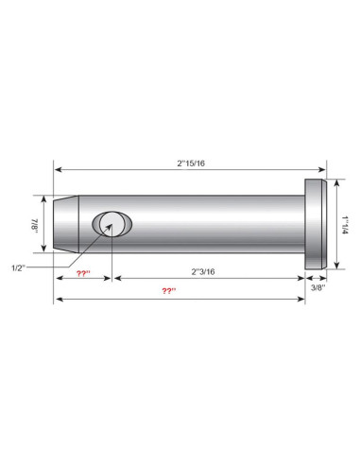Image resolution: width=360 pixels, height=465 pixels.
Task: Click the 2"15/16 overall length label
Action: coord(191,164)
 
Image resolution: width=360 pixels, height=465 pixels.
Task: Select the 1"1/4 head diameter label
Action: coord(346,225)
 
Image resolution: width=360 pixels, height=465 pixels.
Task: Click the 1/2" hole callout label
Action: coord(18,268)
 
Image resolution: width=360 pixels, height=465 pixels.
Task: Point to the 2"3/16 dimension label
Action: coord(203,271)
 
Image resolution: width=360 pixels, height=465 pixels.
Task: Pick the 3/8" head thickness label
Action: coord(318,287)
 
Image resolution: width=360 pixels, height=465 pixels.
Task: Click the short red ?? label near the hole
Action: coord(83,273)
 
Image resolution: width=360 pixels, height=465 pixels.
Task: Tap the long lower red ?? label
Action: coord(169,290)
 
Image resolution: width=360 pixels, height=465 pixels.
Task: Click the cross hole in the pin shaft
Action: coord(111,224)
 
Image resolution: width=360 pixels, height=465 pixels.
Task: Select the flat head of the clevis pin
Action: coord(316,224)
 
